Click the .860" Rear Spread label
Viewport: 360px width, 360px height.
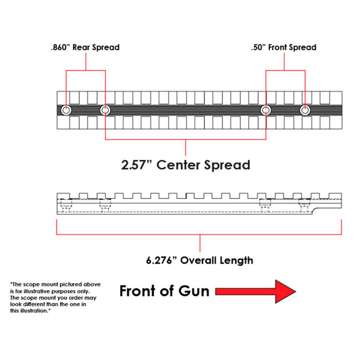point(84,47)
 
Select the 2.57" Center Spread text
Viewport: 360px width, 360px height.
point(185,164)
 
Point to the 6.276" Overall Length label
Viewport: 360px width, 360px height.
point(200,260)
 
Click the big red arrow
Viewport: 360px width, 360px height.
point(256,291)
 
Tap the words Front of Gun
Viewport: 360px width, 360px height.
point(163,291)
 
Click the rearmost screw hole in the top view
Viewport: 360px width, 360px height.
point(66,110)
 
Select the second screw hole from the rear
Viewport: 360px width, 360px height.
point(105,110)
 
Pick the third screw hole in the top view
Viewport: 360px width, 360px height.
point(266,110)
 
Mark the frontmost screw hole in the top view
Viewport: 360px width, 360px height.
point(304,110)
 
